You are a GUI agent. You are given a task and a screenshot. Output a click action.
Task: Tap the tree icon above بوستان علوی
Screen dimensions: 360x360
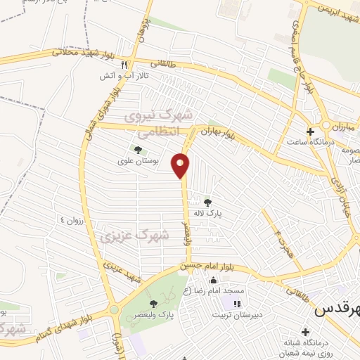click(x=137, y=150)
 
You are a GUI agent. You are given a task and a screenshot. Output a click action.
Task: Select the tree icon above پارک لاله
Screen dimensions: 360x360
click(x=207, y=202)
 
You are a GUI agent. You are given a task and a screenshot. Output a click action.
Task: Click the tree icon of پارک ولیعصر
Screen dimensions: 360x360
click(x=154, y=304)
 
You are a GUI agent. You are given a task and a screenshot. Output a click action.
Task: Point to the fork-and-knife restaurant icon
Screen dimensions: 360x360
click(x=124, y=63)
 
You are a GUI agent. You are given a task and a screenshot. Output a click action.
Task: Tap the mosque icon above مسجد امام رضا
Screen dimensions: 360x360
click(x=213, y=281)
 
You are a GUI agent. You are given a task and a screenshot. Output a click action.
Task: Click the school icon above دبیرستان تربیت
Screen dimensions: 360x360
click(x=236, y=304)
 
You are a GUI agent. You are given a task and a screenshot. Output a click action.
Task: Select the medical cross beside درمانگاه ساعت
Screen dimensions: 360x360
click(x=310, y=131)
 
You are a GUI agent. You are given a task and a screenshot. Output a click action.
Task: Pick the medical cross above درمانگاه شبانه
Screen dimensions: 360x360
click(x=304, y=331)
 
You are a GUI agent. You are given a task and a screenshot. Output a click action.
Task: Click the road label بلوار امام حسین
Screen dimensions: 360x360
click(x=194, y=266)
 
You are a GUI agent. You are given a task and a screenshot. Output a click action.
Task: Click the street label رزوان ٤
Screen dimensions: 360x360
click(x=71, y=220)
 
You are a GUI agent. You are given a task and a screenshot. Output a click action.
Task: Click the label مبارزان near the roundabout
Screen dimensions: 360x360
click(x=345, y=124)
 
